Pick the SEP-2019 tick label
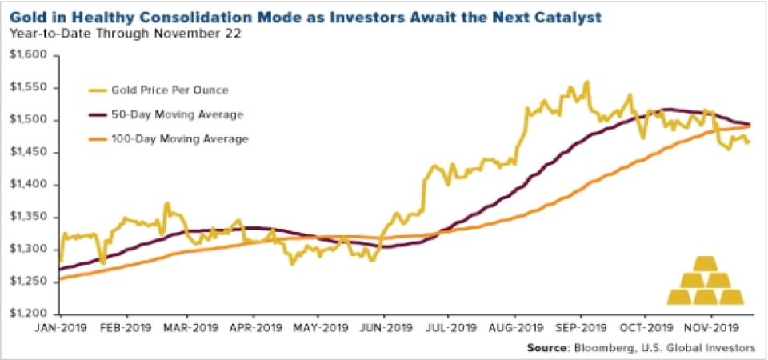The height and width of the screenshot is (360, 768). [x=579, y=328]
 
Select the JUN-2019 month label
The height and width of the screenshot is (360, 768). [x=383, y=328]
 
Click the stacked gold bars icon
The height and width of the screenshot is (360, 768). [x=706, y=281]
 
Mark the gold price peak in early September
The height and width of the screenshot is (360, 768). [x=588, y=81]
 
